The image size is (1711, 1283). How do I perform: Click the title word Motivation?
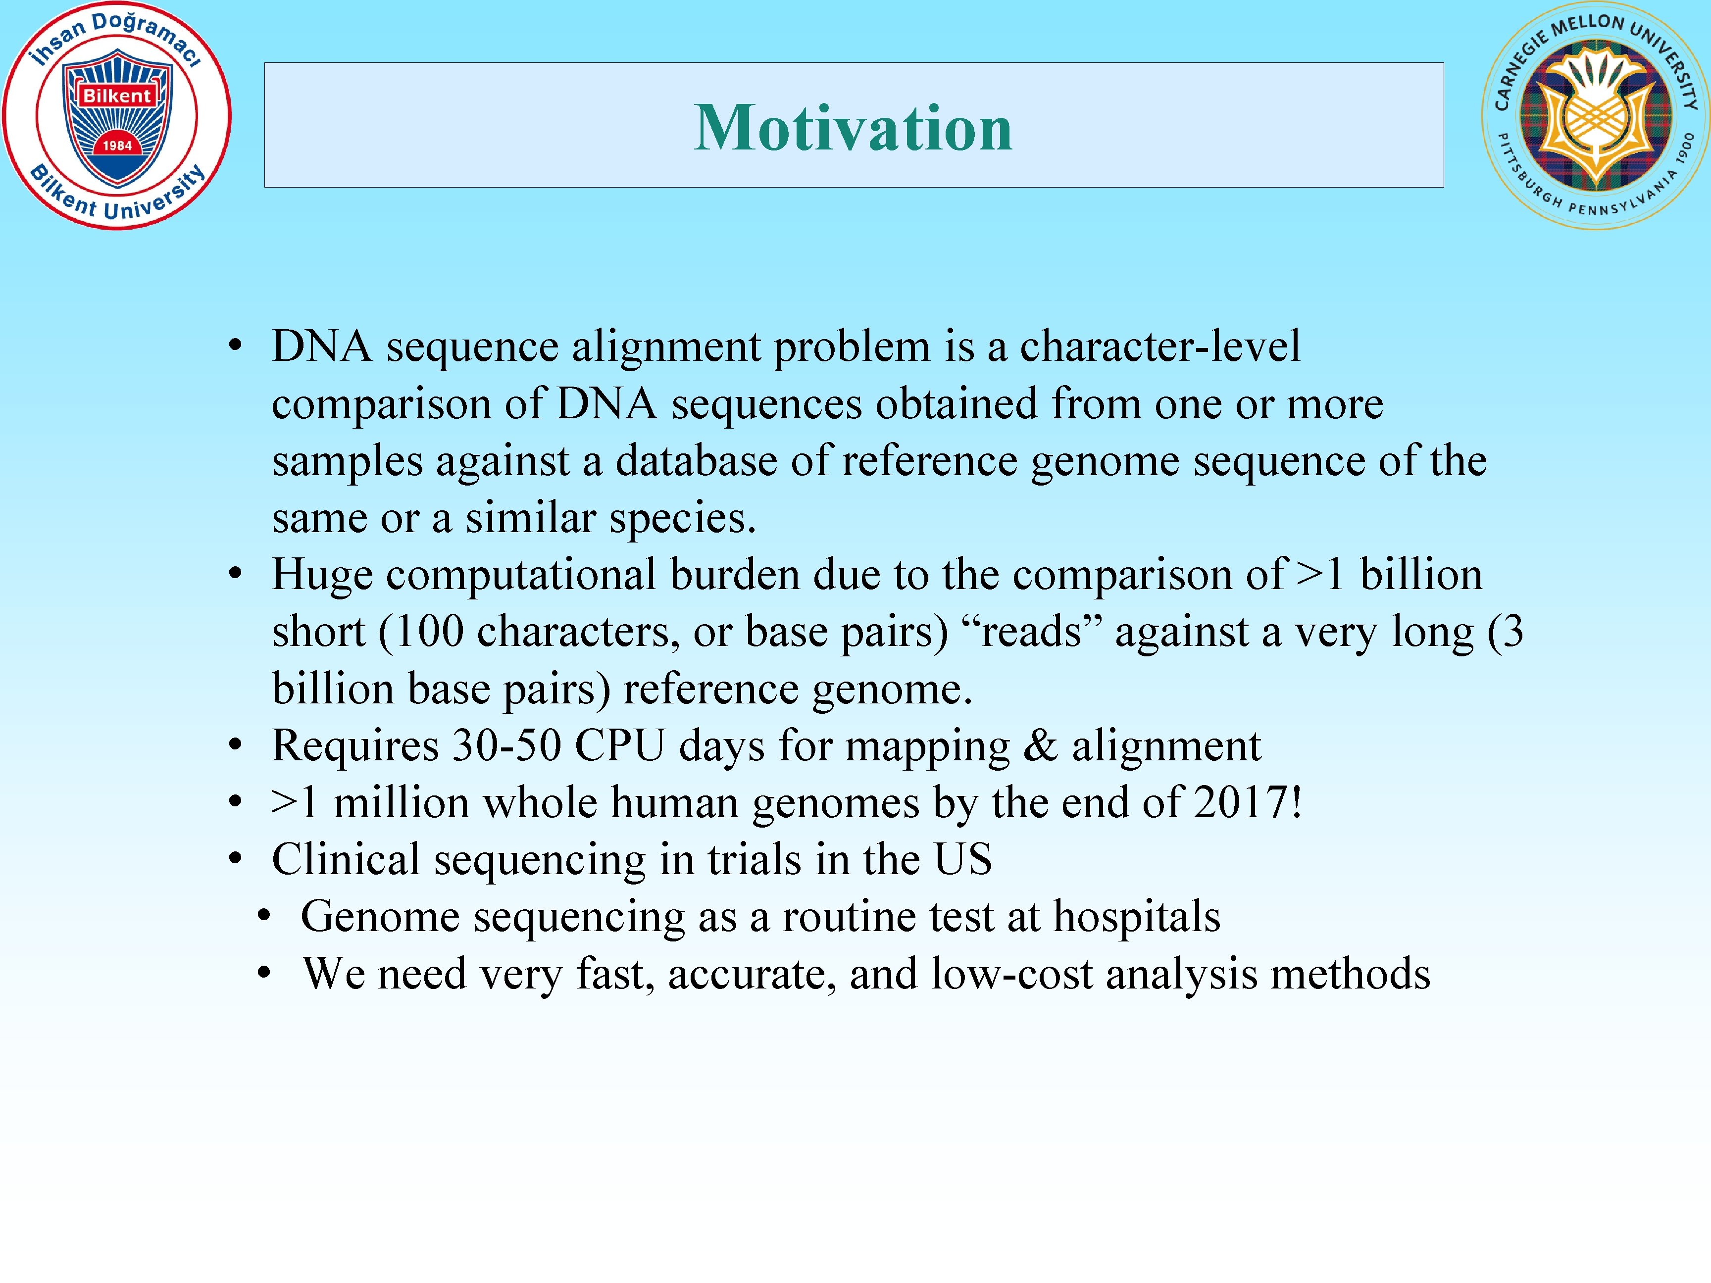[853, 128]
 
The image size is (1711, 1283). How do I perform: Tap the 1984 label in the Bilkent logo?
[117, 146]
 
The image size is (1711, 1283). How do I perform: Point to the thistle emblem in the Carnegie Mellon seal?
[1595, 116]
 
